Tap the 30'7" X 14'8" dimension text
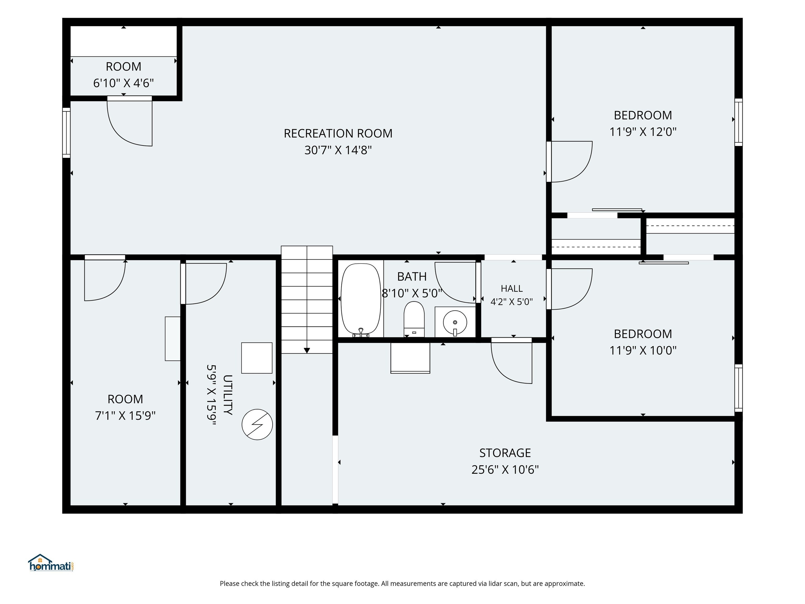click(x=338, y=150)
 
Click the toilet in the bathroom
click(x=414, y=319)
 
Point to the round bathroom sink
click(x=455, y=322)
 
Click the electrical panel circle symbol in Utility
click(x=257, y=424)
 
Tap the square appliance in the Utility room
click(x=257, y=358)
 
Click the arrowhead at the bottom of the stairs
click(x=307, y=350)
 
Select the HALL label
click(x=512, y=288)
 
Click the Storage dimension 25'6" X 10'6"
click(x=505, y=470)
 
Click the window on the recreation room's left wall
click(x=66, y=133)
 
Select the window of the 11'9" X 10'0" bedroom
click(x=738, y=388)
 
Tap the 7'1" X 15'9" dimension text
click(x=125, y=416)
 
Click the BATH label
click(x=412, y=277)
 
